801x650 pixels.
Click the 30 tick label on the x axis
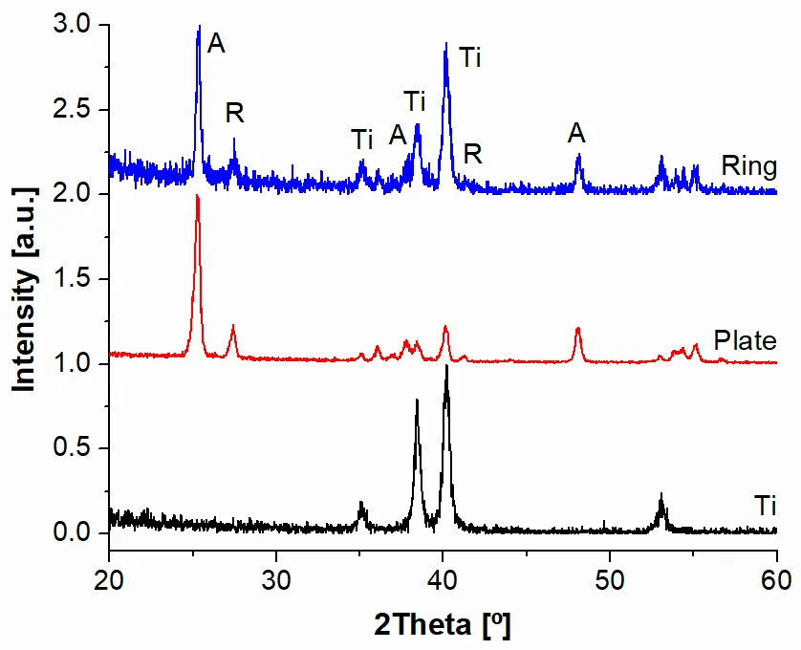tap(276, 579)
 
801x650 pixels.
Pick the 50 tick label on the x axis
tap(610, 579)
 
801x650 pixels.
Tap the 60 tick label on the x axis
tap(776, 579)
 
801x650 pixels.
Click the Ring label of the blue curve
tap(748, 166)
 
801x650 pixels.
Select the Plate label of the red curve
tap(746, 340)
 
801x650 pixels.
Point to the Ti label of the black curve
tap(764, 504)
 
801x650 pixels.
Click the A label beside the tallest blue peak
tap(217, 44)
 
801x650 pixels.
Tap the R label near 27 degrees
tap(235, 113)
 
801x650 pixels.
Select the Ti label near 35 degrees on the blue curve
tap(362, 140)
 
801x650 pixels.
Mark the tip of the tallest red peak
tap(197, 196)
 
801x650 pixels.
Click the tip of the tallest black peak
tap(446, 366)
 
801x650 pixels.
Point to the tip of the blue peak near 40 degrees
tap(445, 44)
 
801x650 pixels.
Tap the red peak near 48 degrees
tap(578, 329)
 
